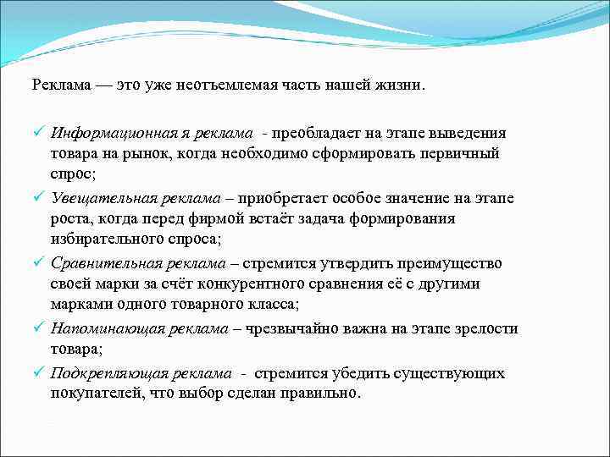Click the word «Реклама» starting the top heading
[58, 85]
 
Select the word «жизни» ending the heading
[405, 85]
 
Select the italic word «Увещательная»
[97, 199]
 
